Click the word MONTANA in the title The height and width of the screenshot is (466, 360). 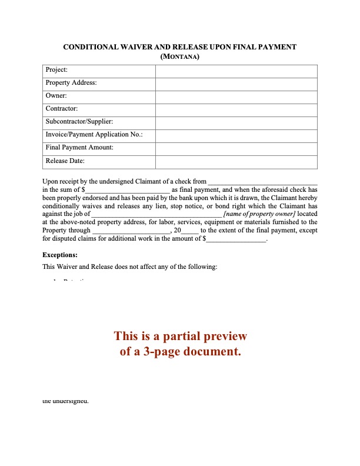pyautogui.click(x=180, y=57)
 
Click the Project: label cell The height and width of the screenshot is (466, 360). pyautogui.click(x=56, y=70)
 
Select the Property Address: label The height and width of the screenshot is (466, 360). pyautogui.click(x=71, y=83)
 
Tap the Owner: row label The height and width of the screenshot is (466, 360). pyautogui.click(x=56, y=96)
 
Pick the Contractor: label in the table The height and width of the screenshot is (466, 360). pyautogui.click(x=61, y=109)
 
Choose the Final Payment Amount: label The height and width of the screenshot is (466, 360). pyautogui.click(x=79, y=148)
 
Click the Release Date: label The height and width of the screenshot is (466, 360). pyautogui.click(x=65, y=161)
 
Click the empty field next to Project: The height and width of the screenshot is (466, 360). pyautogui.click(x=236, y=70)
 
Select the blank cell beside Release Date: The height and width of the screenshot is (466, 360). pyautogui.click(x=236, y=161)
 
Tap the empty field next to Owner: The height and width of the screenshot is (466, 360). pyautogui.click(x=236, y=96)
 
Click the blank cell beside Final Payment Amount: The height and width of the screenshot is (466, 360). pyautogui.click(x=236, y=148)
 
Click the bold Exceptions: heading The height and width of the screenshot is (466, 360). pyautogui.click(x=60, y=255)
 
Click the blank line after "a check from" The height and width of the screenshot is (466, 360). pyautogui.click(x=263, y=182)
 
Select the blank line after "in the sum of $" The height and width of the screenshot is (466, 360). pyautogui.click(x=128, y=190)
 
